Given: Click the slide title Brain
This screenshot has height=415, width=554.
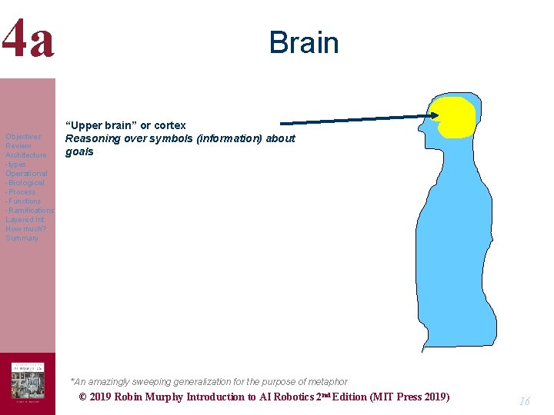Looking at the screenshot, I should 304,42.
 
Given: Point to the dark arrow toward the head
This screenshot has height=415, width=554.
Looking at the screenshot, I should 354,119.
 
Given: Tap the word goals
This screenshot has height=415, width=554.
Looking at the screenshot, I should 79,151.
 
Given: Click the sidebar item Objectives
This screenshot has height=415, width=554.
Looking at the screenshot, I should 23,137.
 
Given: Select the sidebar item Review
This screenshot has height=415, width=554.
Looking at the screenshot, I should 18,146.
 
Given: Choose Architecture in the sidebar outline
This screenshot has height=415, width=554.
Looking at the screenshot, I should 26,155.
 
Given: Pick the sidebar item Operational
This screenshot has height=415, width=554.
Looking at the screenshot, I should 26,174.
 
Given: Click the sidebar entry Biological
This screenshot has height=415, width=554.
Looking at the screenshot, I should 27,183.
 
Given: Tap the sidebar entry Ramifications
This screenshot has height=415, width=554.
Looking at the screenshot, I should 31,211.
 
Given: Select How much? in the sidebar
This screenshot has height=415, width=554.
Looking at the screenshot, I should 25,229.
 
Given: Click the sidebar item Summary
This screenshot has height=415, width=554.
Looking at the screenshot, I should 22,238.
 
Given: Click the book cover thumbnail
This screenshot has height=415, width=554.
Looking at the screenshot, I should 28,383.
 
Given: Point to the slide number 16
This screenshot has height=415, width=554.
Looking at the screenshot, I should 526,401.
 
